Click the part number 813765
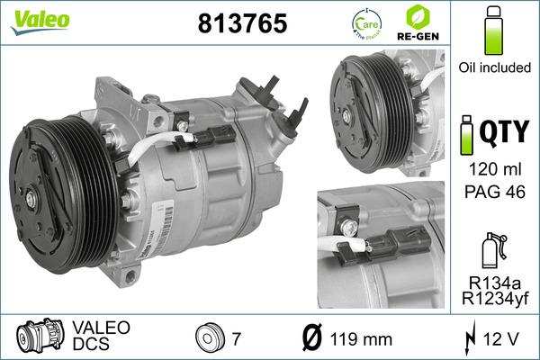241,23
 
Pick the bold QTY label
503,133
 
